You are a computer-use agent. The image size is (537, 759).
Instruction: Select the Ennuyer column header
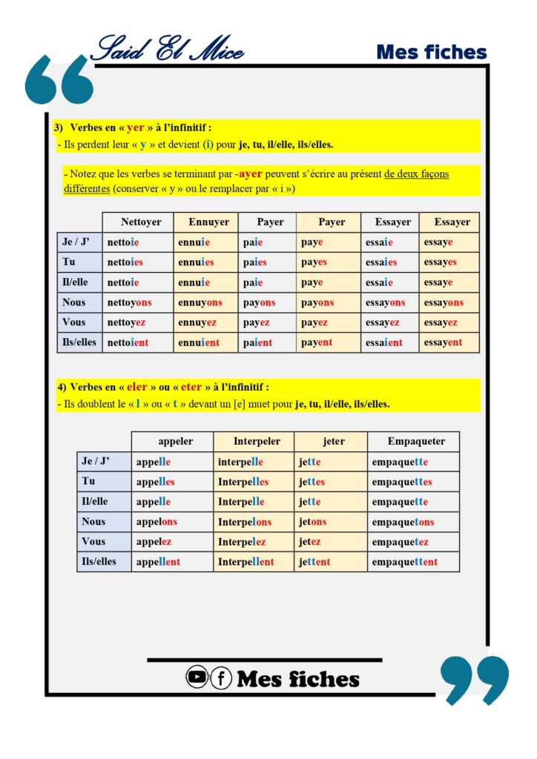208,222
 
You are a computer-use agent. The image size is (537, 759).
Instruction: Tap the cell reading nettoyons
129,302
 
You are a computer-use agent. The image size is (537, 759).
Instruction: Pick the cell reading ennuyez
197,322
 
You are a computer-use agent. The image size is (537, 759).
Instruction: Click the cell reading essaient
384,342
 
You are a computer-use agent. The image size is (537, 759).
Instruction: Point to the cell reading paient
257,342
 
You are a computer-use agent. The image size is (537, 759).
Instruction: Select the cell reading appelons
157,522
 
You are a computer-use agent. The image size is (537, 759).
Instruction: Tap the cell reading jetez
311,542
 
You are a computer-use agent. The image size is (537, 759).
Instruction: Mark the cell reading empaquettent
405,562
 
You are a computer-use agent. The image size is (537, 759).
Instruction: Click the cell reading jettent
315,562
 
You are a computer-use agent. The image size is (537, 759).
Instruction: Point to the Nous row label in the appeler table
93,522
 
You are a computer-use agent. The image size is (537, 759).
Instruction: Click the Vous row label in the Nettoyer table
74,322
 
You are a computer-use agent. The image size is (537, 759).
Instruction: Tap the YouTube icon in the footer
197,677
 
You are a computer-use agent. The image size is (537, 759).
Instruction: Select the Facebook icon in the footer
221,677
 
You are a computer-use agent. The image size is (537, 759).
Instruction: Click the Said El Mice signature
166,49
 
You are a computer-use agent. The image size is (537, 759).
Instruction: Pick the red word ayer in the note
251,174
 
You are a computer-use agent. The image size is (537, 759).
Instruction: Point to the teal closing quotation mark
475,678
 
